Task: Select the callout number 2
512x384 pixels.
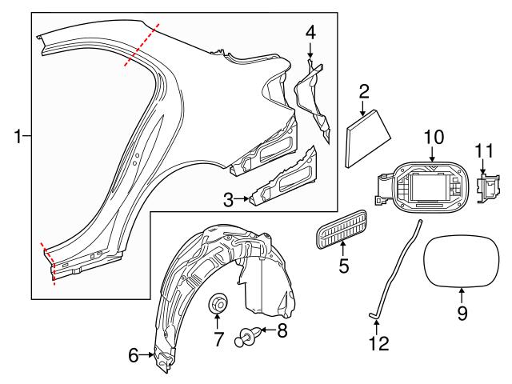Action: (364, 93)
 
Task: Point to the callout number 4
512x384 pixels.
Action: (310, 33)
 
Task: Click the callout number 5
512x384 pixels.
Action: (344, 265)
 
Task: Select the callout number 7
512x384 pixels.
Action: (217, 339)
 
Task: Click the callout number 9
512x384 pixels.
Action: (462, 314)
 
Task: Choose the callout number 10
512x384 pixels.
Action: (433, 137)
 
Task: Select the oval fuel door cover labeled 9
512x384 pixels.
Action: (462, 260)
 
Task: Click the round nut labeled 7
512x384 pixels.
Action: (218, 305)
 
